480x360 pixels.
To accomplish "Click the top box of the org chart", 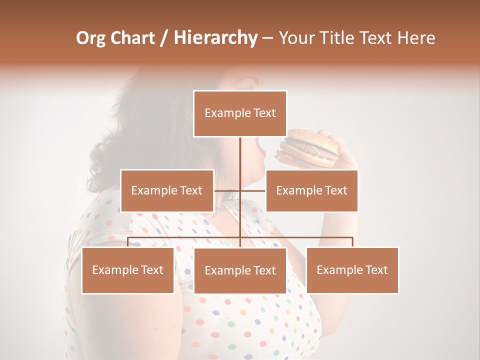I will pyautogui.click(x=240, y=113).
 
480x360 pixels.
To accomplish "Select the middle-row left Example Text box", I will pyautogui.click(x=167, y=190).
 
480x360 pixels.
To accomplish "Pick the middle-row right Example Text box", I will pyautogui.click(x=311, y=190).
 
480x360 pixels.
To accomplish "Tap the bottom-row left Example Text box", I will pyautogui.click(x=128, y=270).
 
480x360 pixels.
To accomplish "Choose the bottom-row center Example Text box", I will pyautogui.click(x=240, y=270).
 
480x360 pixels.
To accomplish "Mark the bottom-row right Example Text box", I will pyautogui.click(x=352, y=270).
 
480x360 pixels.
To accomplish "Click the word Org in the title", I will pyautogui.click(x=90, y=38).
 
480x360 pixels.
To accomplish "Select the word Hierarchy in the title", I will pyautogui.click(x=215, y=38).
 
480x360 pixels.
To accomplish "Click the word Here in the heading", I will pyautogui.click(x=416, y=38).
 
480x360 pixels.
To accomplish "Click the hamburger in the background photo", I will pyautogui.click(x=306, y=148).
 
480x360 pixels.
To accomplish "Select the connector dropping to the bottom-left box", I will pyautogui.click(x=128, y=242).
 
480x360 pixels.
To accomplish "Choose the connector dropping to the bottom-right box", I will pyautogui.click(x=352, y=242).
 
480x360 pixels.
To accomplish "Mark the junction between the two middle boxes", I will pyautogui.click(x=240, y=190).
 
